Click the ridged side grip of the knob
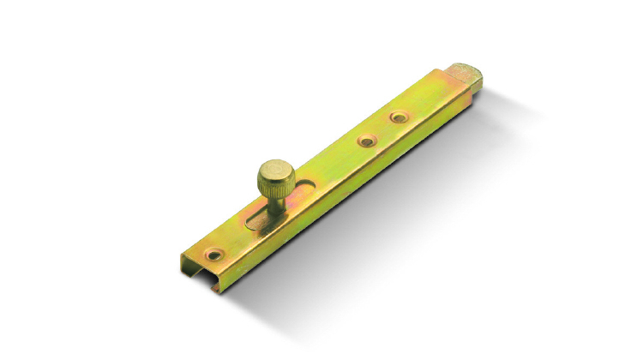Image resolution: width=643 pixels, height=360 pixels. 275,183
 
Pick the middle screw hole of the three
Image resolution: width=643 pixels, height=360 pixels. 366,138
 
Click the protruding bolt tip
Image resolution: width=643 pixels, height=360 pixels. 466,76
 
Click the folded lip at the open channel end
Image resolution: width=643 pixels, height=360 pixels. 185,261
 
